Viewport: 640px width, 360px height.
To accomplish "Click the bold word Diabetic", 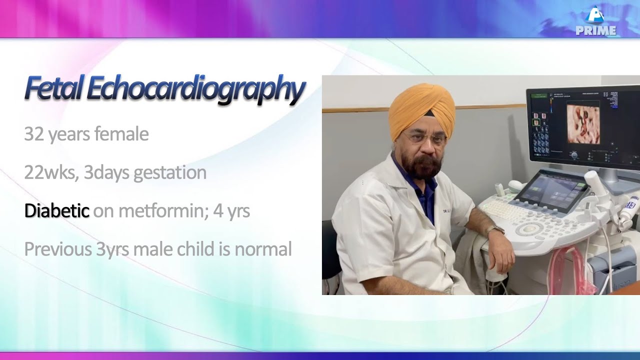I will click(x=56, y=211).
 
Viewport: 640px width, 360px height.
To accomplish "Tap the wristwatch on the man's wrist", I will click(x=495, y=229).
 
